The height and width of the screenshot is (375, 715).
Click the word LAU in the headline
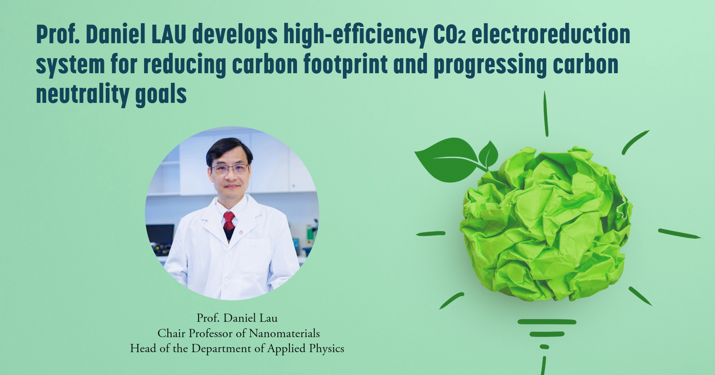169,35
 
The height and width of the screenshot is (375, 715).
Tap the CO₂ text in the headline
449,35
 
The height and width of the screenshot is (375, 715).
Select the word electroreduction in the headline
551,35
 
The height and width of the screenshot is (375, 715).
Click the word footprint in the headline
345,65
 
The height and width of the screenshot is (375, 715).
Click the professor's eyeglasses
230,169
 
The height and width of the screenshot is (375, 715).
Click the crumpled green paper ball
545,225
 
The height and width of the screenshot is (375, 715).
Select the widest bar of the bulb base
547,322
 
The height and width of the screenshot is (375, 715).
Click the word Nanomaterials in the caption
284,333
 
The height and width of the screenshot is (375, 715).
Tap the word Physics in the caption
326,348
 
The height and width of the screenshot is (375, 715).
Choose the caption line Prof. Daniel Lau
237,318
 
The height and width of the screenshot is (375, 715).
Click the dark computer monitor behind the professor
160,234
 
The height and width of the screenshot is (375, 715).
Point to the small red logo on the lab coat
241,232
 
